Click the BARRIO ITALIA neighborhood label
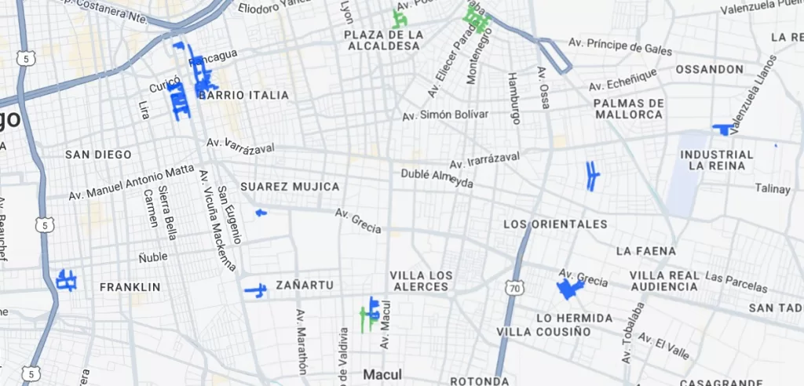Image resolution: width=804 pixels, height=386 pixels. [244, 95]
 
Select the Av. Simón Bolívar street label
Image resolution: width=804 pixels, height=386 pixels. [445, 115]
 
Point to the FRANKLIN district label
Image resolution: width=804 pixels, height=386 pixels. [130, 287]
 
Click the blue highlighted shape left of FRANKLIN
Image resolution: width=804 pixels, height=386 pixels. [67, 280]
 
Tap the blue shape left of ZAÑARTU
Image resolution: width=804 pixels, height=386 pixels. [256, 290]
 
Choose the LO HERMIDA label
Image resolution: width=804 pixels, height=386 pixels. [574, 318]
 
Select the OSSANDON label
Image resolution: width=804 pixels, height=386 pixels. [709, 69]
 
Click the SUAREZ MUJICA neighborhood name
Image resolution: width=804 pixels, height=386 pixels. [290, 187]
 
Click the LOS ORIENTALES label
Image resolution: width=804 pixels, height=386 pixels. [555, 224]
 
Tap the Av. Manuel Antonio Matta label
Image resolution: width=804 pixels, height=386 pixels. [131, 182]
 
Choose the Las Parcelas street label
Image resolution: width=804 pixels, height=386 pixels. [736, 279]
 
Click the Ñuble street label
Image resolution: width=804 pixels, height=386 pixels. [154, 257]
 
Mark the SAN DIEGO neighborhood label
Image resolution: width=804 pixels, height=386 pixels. [98, 155]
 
